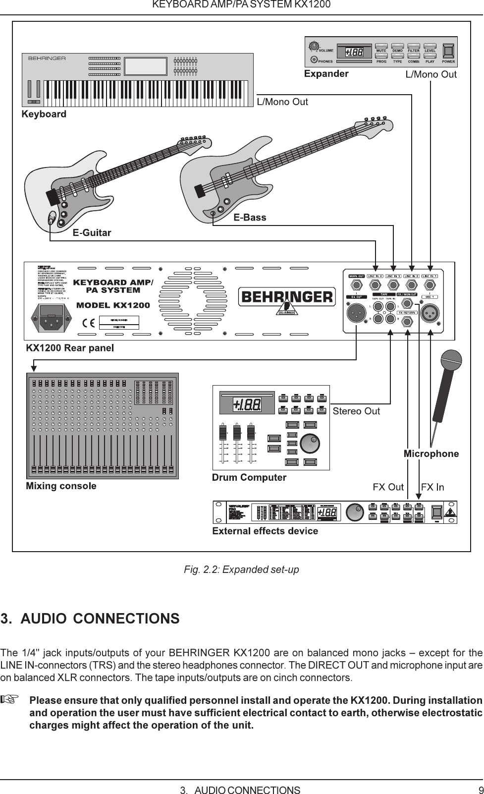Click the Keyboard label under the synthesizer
[44, 114]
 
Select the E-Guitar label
[92, 232]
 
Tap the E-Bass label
[250, 217]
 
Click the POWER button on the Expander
[448, 52]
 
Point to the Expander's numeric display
[354, 52]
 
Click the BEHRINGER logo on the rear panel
[287, 297]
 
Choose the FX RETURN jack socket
[407, 322]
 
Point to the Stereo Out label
[356, 411]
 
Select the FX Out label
[388, 487]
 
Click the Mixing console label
[61, 486]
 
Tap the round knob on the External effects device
[354, 512]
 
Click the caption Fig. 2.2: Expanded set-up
[241, 569]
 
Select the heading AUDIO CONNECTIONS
[90, 619]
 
